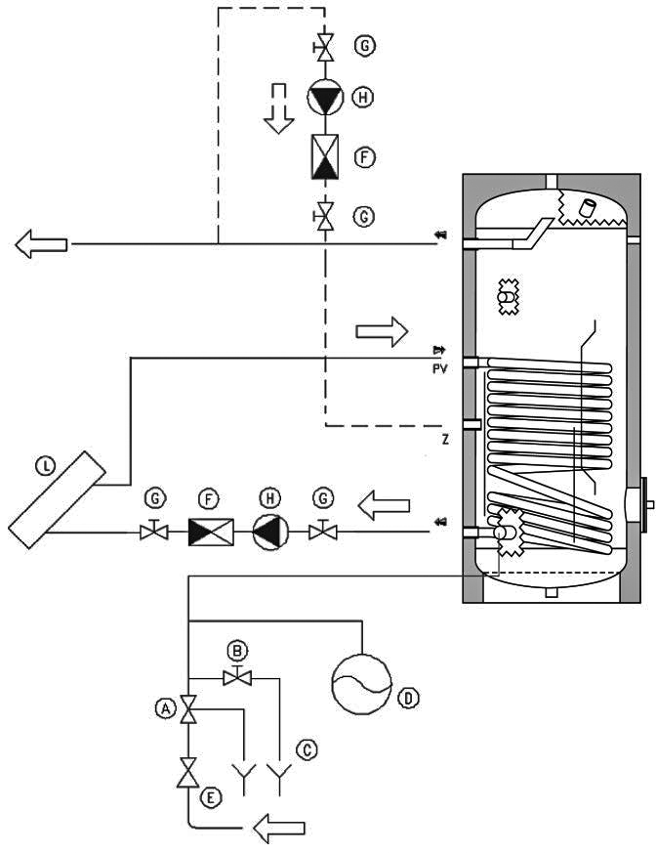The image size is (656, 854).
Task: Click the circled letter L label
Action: coord(45,466)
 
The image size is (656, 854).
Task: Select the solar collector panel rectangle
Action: coord(58,499)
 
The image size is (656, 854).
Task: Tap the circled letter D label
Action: coord(408,697)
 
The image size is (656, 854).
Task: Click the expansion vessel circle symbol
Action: coord(361,684)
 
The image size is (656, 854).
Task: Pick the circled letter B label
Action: coord(237,651)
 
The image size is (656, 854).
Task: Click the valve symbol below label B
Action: coord(237,677)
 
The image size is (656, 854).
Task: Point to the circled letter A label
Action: coord(165,708)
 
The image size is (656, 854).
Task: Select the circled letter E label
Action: coord(211,798)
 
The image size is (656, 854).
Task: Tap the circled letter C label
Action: coord(307,749)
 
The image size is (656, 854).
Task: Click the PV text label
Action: coord(439,369)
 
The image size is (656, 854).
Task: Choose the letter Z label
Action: coord(445,439)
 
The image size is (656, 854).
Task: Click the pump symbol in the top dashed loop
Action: coord(325,98)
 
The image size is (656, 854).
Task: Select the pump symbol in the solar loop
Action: coord(270,532)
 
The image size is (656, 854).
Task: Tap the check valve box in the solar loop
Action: coord(211,533)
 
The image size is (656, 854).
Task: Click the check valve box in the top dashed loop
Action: coord(325,157)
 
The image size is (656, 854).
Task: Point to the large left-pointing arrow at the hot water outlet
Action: coord(41,243)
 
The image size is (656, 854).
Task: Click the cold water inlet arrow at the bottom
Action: coord(279,828)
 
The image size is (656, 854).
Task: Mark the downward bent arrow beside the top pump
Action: coord(279,108)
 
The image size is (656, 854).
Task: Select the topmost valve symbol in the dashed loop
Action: coord(325,47)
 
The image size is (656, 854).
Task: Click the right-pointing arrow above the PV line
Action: coord(382,331)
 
